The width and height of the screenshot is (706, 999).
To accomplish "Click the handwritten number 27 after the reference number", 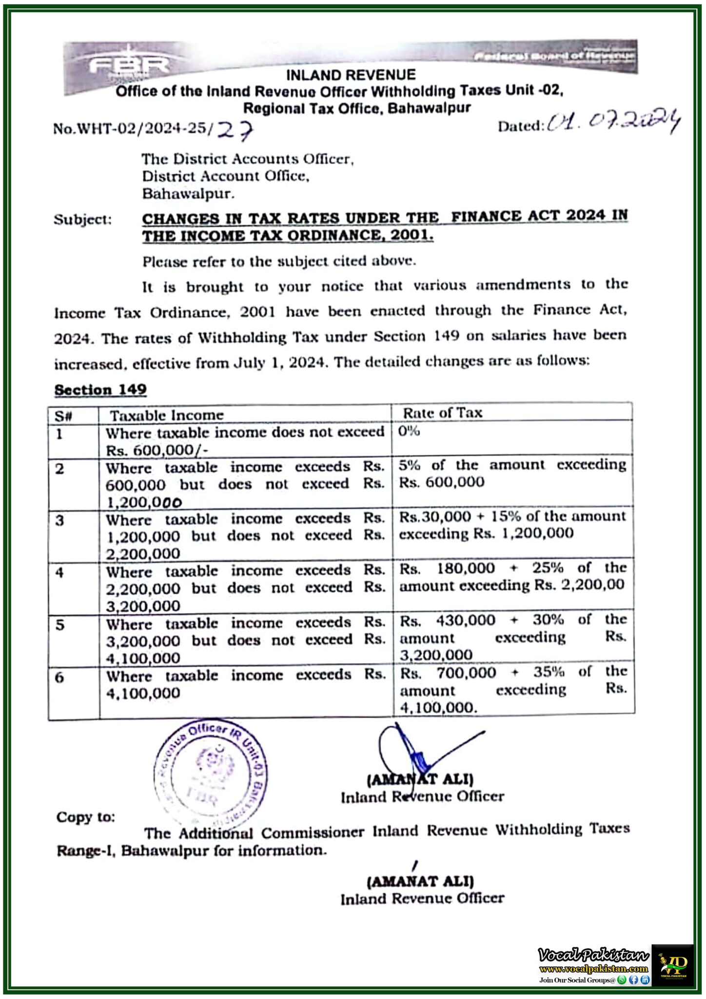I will [235, 130].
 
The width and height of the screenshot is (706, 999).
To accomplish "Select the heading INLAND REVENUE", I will [351, 75].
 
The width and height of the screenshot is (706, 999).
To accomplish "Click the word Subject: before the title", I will [83, 220].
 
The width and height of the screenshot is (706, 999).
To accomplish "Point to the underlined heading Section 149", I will [100, 389].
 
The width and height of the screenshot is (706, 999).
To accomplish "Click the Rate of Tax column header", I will [442, 413].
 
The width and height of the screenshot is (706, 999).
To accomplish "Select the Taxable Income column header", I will [166, 415].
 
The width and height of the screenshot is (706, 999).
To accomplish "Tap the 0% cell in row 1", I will [409, 431].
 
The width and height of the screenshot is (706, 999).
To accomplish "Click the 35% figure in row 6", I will [549, 672].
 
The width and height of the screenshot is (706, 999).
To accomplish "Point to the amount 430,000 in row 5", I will [466, 620].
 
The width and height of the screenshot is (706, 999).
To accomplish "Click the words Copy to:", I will [86, 817].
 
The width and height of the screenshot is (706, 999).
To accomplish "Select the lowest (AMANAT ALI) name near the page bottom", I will [420, 881].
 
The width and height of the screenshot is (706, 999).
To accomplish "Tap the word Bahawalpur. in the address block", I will [188, 194].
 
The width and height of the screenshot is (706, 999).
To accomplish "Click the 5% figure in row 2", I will [410, 465].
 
